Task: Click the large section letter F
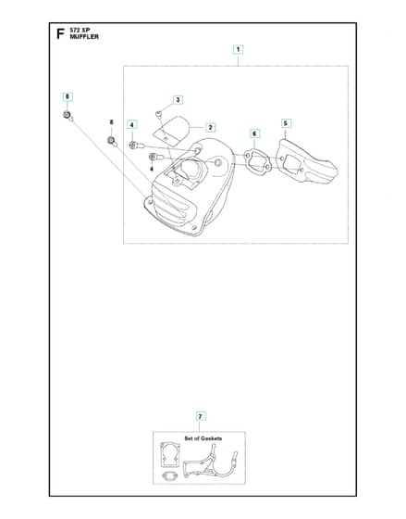[60, 33]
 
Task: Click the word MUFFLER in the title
[84, 37]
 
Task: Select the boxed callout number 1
[238, 50]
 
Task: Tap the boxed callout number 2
[210, 128]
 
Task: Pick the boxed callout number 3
[178, 100]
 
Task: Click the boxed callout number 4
[132, 125]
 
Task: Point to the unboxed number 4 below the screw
[152, 169]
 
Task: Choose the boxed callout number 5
[286, 123]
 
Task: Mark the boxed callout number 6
[254, 133]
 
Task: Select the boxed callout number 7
[200, 416]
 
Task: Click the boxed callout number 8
[68, 97]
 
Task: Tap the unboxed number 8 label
[111, 122]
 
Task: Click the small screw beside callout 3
[158, 114]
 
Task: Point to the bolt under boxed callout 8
[68, 116]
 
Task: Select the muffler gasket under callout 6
[258, 162]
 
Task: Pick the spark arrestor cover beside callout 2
[172, 131]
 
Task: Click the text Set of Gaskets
[203, 438]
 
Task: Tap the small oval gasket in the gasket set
[170, 476]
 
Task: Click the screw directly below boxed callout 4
[136, 145]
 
